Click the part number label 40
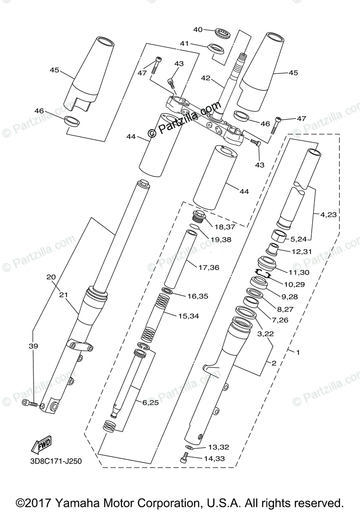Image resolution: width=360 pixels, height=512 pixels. (x=198, y=30)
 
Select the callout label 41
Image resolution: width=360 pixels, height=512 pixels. (x=184, y=44)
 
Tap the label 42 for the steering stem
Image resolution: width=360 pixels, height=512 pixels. (x=206, y=78)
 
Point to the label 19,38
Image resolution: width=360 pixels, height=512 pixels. (x=221, y=240)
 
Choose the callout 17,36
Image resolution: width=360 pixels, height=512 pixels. (x=209, y=268)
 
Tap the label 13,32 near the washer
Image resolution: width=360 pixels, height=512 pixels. (x=219, y=447)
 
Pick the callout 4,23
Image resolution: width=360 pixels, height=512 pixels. (x=328, y=215)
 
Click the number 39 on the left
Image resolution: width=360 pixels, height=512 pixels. (x=33, y=346)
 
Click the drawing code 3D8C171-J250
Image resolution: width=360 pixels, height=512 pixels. (x=56, y=461)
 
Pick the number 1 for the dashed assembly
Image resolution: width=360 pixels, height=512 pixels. (x=298, y=352)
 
